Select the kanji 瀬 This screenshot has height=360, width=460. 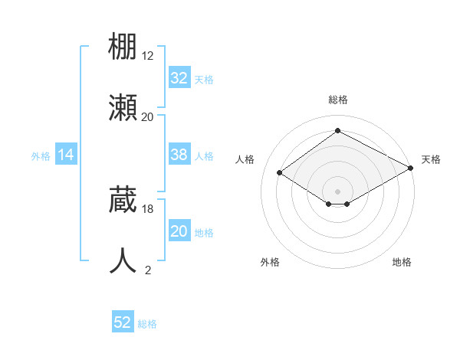123,107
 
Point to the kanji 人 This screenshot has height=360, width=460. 123,260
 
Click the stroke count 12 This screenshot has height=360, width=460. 148,56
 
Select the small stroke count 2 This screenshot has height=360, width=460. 148,270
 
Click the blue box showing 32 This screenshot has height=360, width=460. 179,77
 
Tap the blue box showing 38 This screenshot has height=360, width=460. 179,155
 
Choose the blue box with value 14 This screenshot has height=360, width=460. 66,155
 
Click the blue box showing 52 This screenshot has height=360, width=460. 123,322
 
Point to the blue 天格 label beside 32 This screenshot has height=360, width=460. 204,79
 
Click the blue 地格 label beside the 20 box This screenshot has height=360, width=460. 204,233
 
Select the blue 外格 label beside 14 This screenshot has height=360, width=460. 41,156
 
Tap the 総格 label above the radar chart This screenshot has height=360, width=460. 338,100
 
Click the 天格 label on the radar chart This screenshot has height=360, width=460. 431,159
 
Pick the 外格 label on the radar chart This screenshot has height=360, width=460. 270,262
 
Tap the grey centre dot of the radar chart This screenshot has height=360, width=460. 338,191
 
